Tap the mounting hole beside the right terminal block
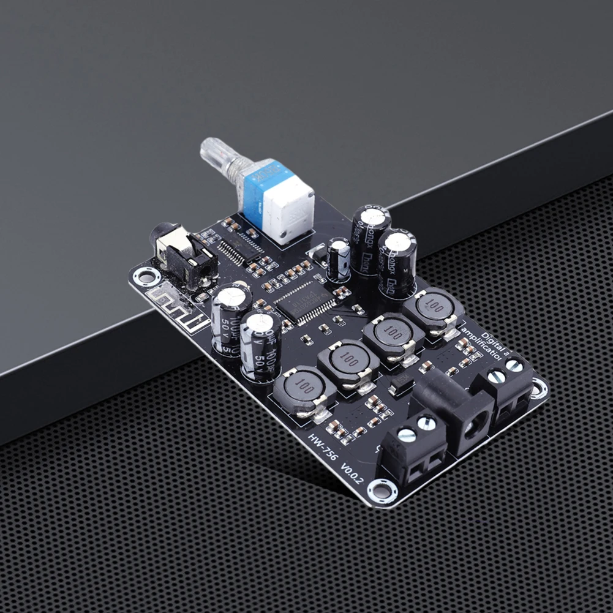click(x=538, y=388)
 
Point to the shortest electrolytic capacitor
click(x=339, y=260)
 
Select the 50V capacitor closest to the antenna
click(x=230, y=318)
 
